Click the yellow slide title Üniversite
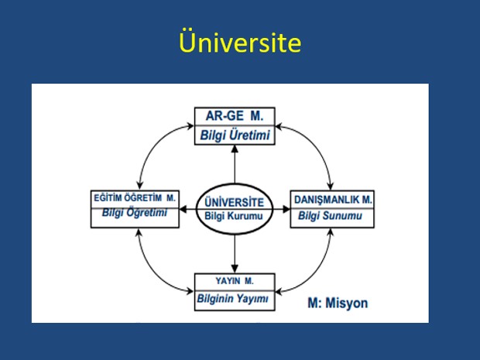coord(240,41)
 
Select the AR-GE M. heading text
coord(235,116)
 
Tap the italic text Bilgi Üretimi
coord(235,135)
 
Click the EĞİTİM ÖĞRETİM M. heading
coord(135,197)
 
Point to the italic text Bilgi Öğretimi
coord(135,212)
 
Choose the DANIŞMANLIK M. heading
coord(333,200)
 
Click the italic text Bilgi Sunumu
coord(330,216)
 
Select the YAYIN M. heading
coord(235,281)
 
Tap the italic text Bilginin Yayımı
coord(233,299)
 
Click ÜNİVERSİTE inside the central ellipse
coord(234,202)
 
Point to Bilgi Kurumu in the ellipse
coord(234,216)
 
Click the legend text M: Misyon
coord(338,303)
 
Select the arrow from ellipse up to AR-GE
coord(235,164)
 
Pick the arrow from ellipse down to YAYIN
coord(235,254)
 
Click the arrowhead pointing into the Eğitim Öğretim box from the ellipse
coord(183,209)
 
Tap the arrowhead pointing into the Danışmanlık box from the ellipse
coord(286,209)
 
